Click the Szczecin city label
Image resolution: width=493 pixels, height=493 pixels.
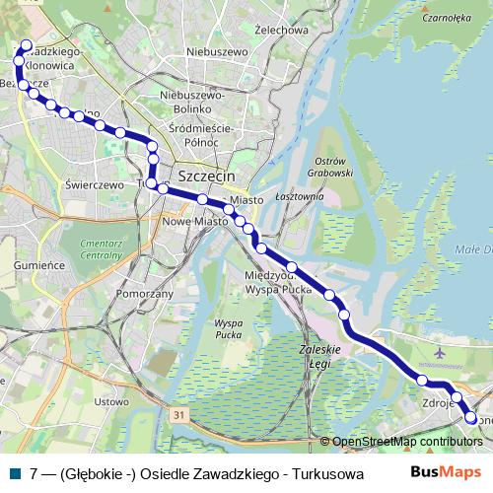(208, 176)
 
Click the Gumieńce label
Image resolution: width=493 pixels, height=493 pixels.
(40, 265)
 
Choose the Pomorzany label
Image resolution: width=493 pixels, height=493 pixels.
(144, 294)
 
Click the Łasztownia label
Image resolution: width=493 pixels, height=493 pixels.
(300, 197)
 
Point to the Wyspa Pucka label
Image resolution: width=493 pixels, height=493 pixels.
(228, 329)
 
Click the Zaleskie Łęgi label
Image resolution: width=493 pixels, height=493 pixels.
(318, 356)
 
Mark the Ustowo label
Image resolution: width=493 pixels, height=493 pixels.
(110, 401)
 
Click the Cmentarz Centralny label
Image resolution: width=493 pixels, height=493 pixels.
(103, 246)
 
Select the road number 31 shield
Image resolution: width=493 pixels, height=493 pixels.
(177, 417)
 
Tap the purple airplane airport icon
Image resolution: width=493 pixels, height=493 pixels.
(439, 352)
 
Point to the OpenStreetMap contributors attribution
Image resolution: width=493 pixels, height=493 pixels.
(406, 443)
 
